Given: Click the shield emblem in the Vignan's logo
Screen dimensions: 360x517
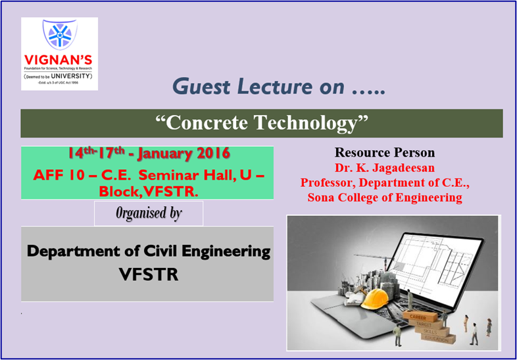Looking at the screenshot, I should [x=59, y=35].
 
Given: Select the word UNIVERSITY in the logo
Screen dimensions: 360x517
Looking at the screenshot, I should [x=74, y=76].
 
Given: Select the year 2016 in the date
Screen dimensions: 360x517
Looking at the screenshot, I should [x=211, y=154].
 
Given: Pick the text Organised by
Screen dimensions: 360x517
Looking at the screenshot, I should [x=149, y=214].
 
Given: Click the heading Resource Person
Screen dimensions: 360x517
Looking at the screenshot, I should [x=385, y=153].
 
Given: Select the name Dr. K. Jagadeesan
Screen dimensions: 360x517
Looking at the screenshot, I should [x=385, y=168].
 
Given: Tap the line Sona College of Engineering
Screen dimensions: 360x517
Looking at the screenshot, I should [x=385, y=197].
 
